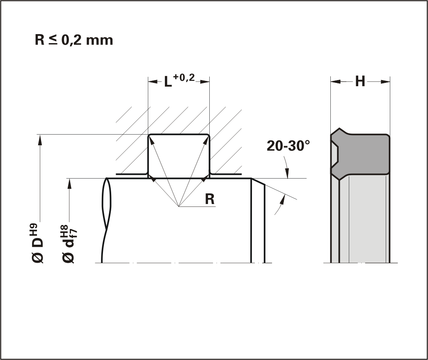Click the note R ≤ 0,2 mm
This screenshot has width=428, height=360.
(74, 40)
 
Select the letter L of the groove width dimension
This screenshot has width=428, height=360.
(168, 82)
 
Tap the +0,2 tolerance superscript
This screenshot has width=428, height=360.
(184, 78)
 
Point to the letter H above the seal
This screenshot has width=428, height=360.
(360, 81)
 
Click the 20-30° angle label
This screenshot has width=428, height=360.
(288, 146)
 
